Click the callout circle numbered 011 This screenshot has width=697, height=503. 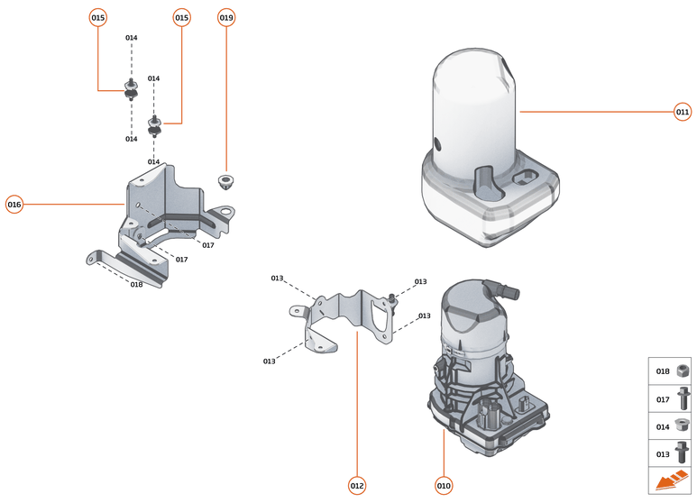point(683,113)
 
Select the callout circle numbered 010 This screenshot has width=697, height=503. point(444,486)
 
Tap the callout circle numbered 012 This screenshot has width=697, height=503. point(357,486)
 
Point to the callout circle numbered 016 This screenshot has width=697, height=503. point(14,205)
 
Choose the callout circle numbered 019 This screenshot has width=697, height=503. point(226,17)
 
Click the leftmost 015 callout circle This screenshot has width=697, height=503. point(98,17)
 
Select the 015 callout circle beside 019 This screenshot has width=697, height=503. point(182,17)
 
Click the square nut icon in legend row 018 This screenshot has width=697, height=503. point(683,370)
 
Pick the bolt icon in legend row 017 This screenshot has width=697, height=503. point(683,398)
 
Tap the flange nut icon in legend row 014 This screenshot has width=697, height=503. point(683,425)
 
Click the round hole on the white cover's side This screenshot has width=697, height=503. point(437,143)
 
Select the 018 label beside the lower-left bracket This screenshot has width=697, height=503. point(136,284)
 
